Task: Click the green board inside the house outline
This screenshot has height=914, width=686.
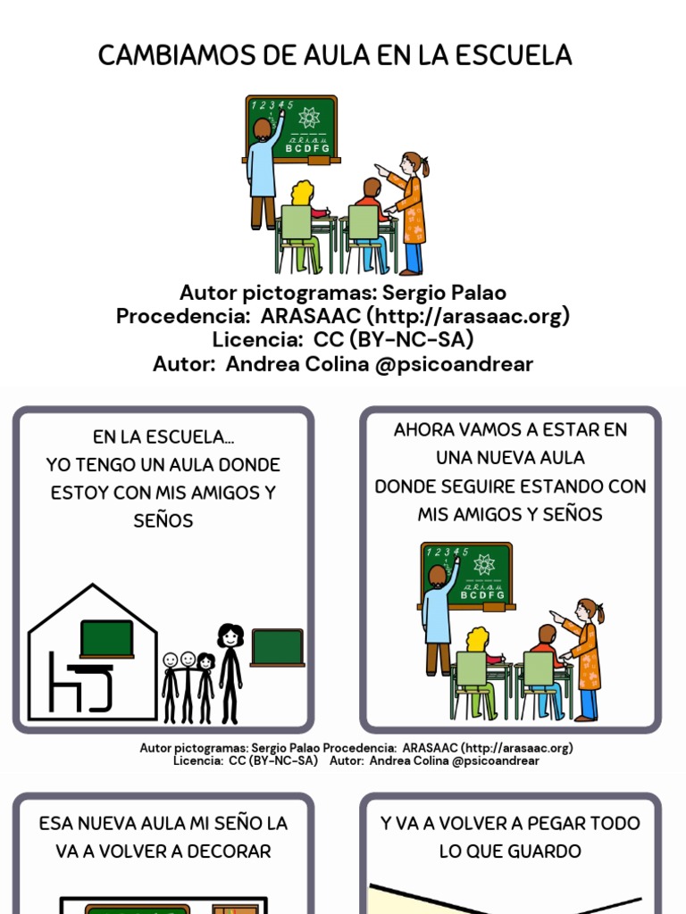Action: pyautogui.click(x=106, y=638)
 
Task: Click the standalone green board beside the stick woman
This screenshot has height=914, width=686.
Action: pyautogui.click(x=277, y=647)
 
